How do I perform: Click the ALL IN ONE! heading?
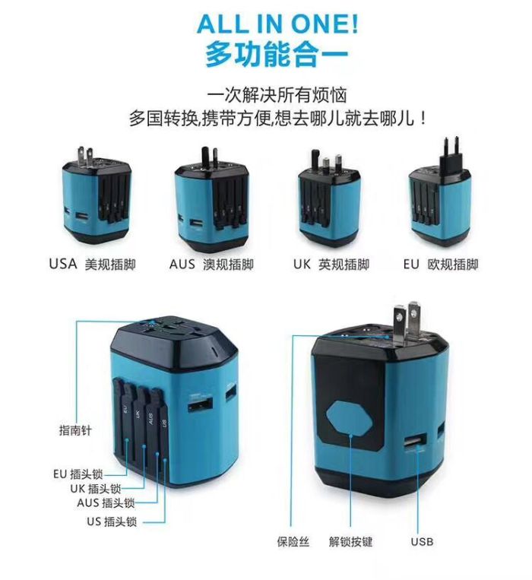tap(277, 24)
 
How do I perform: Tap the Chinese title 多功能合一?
tap(277, 55)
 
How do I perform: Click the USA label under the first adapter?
tap(63, 264)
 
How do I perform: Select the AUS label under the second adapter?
tap(182, 264)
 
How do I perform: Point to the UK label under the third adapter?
tap(302, 264)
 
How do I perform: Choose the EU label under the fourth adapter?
tap(411, 264)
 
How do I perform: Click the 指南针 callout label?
tap(75, 430)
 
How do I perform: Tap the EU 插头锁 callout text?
tap(78, 474)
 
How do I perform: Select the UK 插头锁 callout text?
tap(96, 488)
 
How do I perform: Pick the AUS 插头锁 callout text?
tap(106, 502)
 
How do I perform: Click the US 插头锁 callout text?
tap(112, 521)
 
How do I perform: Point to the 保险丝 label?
tap(293, 541)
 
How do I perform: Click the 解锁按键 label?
tap(350, 541)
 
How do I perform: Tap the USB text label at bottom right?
tap(422, 541)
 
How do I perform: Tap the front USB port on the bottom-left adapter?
tap(201, 405)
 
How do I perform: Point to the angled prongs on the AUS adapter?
tap(209, 157)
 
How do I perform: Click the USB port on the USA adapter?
tap(82, 218)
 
